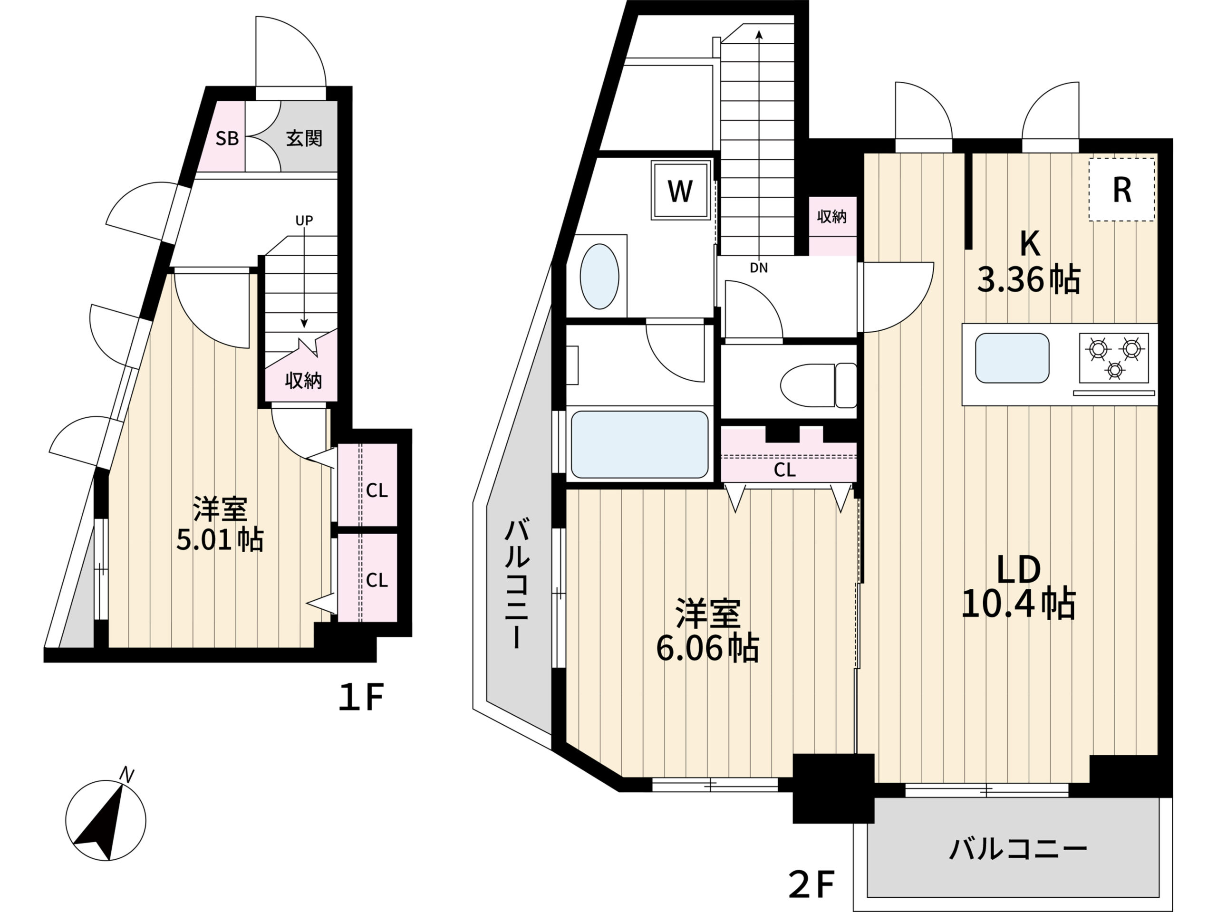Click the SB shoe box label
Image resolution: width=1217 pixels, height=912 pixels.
point(227,138)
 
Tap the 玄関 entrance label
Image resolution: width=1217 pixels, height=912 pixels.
point(304,138)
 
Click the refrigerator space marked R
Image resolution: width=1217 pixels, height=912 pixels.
point(1122,190)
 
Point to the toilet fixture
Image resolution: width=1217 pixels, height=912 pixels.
point(819,385)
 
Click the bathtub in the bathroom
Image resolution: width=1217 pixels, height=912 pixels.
point(640,444)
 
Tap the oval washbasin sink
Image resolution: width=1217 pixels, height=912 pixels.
point(599,277)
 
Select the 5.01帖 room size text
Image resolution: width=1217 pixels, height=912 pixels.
point(220,539)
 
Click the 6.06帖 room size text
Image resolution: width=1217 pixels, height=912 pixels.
point(707,649)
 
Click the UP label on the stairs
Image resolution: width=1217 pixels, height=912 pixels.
point(304,221)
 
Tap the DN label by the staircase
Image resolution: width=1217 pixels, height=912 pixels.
point(759,268)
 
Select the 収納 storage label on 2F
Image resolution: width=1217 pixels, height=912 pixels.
point(832,216)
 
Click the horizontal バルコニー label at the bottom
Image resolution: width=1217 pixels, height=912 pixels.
point(1018,849)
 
